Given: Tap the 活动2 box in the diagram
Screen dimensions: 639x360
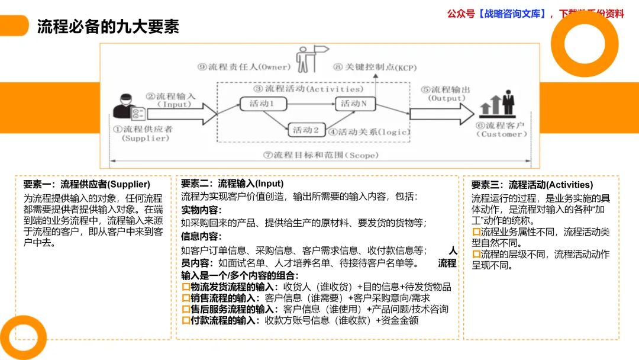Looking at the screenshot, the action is click(x=306, y=130).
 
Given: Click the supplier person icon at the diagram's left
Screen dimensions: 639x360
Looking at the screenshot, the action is click(x=127, y=107).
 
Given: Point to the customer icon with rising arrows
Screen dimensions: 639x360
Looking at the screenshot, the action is click(x=498, y=104).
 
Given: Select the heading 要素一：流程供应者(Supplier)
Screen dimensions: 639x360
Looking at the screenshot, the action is click(x=86, y=185).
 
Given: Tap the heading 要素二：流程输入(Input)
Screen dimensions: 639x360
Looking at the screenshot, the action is click(x=232, y=184).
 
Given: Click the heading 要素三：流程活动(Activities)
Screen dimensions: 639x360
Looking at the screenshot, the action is click(x=532, y=185).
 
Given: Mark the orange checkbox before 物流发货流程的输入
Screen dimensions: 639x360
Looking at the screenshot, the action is click(x=185, y=287).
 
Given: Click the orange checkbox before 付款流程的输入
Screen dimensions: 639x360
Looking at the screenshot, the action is click(x=185, y=320).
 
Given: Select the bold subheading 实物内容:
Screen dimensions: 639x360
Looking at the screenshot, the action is click(x=201, y=210).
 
